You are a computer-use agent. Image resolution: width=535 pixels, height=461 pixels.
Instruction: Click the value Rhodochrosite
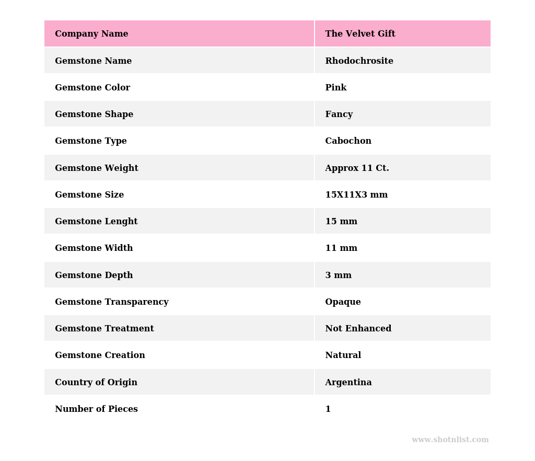point(359,61)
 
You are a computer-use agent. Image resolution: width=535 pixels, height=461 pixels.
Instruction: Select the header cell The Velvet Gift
point(360,34)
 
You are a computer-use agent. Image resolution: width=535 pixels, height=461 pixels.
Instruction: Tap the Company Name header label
point(91,34)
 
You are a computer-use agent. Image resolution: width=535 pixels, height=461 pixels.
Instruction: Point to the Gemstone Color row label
point(92,88)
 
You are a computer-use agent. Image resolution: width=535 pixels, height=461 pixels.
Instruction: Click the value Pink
point(335,88)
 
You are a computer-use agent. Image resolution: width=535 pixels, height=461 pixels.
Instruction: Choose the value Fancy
point(339,114)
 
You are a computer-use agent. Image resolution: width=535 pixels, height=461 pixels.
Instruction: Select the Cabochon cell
point(348,141)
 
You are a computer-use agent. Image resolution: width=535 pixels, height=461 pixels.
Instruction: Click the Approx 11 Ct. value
point(357,168)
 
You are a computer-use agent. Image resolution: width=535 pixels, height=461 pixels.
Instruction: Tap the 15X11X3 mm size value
point(356,195)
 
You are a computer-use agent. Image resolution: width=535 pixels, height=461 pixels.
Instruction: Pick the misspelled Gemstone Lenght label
point(96,222)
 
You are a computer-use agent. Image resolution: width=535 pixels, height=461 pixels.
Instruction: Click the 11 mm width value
point(341,248)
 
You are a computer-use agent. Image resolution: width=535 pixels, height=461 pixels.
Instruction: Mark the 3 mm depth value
point(338,275)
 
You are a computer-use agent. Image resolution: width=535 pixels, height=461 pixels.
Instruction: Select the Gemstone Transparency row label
point(112,302)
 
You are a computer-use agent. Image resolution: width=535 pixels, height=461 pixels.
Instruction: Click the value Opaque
point(343,302)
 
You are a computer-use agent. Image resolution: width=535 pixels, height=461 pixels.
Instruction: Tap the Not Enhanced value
point(358,329)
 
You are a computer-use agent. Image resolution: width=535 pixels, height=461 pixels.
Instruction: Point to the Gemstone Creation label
point(100,355)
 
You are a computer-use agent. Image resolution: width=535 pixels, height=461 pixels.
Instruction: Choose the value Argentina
point(348,383)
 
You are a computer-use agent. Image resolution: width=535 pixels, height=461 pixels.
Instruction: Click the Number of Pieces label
point(96,409)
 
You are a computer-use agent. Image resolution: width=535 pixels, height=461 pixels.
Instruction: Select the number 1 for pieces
point(328,409)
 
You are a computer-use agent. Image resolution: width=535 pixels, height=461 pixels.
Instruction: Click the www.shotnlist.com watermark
point(450,440)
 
